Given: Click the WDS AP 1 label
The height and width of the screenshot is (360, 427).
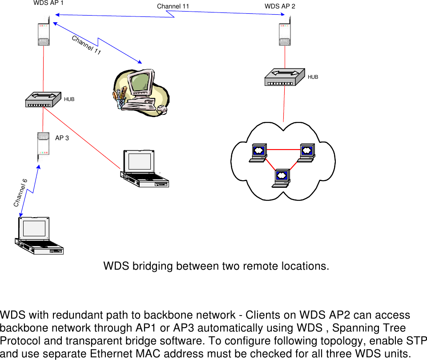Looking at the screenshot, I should click(x=48, y=3).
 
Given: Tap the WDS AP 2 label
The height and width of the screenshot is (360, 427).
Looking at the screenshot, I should click(x=280, y=6).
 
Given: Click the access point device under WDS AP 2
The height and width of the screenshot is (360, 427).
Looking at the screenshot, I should click(x=285, y=32).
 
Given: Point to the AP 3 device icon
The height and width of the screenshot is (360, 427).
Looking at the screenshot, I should click(x=43, y=146).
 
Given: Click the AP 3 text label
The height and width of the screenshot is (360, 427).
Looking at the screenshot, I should click(x=62, y=138).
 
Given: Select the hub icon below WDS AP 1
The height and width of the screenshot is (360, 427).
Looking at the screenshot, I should click(x=43, y=100).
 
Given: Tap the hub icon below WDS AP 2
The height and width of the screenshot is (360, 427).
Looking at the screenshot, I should click(x=284, y=77).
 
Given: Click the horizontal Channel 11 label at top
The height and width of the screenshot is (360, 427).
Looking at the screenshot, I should click(x=173, y=6).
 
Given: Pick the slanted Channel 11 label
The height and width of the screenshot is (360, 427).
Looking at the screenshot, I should click(x=86, y=45).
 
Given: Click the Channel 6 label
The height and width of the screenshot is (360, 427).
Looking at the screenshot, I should click(x=20, y=193).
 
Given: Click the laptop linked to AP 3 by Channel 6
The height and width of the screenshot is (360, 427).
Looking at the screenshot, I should click(x=39, y=236).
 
